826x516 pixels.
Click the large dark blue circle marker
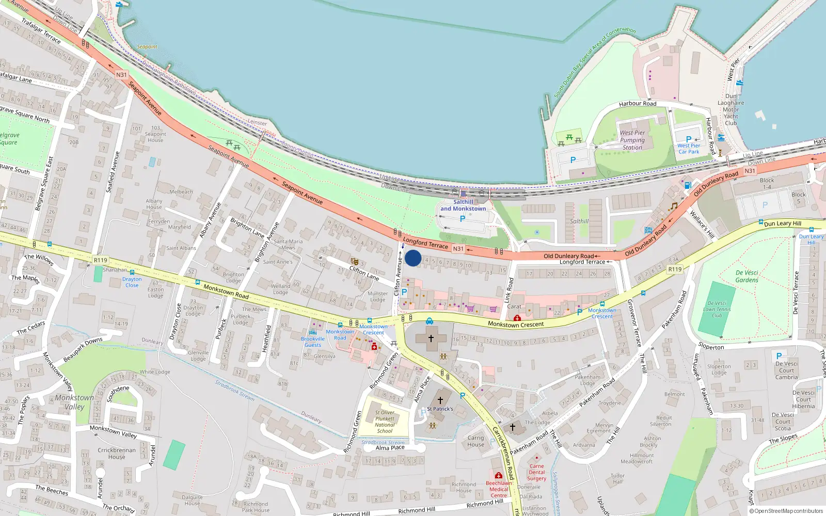[413, 258]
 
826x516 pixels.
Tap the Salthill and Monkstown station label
[463, 205]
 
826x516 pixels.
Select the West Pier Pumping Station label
[632, 140]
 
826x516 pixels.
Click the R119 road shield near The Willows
[100, 260]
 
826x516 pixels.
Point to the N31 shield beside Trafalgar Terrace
[121, 75]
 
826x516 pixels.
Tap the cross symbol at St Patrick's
[440, 400]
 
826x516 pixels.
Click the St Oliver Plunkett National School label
[385, 422]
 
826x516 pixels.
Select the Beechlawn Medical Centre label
[499, 489]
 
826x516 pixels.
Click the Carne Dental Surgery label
[536, 472]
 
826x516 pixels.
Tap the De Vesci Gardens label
[747, 276]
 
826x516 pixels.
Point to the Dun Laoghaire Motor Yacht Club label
[731, 109]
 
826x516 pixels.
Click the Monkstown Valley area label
[75, 402]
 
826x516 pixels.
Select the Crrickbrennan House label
[117, 453]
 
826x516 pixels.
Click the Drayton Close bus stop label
[132, 282]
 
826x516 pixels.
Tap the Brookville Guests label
[313, 342]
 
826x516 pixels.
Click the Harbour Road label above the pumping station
[638, 104]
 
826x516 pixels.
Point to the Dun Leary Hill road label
[783, 223]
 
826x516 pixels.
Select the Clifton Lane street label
[364, 273]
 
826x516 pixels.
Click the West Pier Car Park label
[689, 149]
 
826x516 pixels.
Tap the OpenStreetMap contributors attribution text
[786, 511]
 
